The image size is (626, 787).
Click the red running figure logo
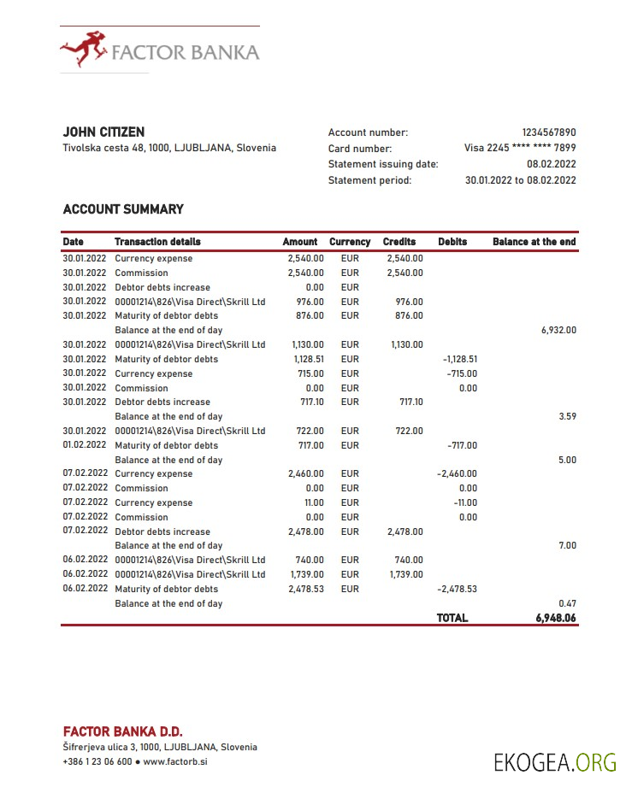[83, 49]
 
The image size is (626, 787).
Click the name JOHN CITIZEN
[103, 132]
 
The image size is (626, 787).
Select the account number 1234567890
[549, 132]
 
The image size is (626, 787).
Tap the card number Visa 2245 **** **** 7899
[520, 148]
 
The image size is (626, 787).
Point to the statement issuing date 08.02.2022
[552, 164]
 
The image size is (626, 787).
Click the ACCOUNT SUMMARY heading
[123, 208]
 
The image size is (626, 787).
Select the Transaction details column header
[157, 242]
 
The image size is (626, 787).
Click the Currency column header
[350, 242]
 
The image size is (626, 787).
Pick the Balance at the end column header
[534, 242]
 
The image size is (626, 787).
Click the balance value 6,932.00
[558, 330]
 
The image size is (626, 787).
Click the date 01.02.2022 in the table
[84, 445]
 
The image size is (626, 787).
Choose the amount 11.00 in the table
[314, 502]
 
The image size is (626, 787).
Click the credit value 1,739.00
[405, 574]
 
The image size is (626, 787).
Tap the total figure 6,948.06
[556, 618]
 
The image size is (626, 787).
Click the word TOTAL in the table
[452, 618]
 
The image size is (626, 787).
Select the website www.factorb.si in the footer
[175, 761]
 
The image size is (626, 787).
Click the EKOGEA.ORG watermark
[555, 761]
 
